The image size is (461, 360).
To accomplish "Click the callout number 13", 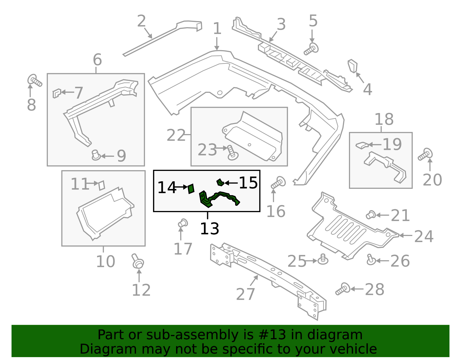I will point(209,229).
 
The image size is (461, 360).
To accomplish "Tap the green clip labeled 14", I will point(191,189).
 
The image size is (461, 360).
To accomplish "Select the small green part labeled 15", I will point(220,182).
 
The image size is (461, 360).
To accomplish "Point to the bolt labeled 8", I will point(35,80).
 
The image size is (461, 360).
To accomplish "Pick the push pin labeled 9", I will point(96,155).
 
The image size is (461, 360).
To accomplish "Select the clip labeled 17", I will point(182,223).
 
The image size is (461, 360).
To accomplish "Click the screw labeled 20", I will point(425,154).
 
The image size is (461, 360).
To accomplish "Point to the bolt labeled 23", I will point(232,153).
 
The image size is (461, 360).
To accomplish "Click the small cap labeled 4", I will point(353,66).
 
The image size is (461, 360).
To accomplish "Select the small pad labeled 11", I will point(101,185).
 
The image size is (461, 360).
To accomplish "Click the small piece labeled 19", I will point(362,145).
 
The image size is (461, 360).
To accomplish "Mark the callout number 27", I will point(245,294).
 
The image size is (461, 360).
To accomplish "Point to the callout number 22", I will point(176,135).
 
